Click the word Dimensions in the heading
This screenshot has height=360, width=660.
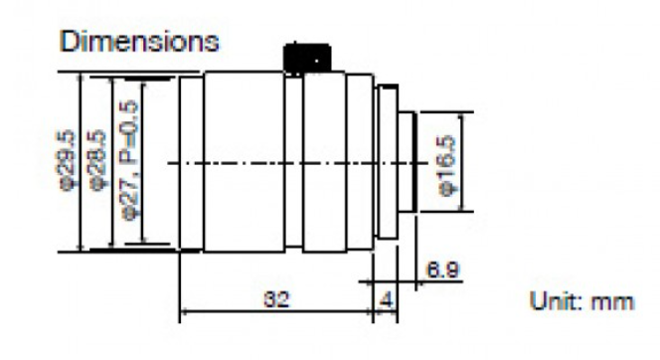point(140,43)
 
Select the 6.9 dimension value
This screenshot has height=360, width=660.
point(435,268)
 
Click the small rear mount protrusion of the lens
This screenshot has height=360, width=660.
point(411,161)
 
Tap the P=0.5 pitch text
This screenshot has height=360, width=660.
point(128,119)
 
